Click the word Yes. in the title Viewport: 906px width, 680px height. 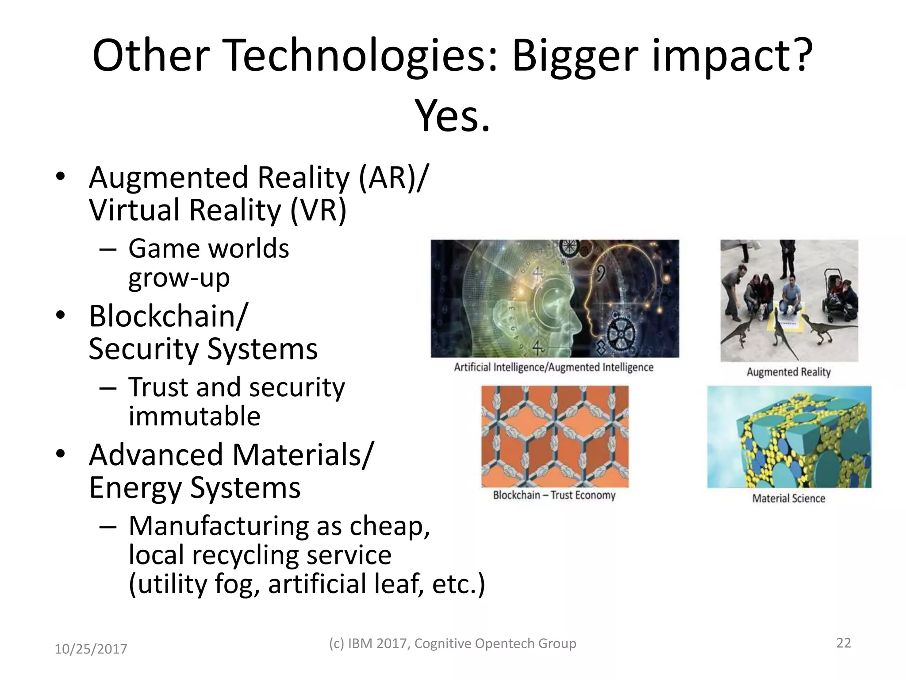tap(452, 116)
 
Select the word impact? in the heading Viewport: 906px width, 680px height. tap(732, 56)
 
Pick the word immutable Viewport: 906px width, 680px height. tap(195, 416)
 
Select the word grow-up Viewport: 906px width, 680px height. tap(179, 278)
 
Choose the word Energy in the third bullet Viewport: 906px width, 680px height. tap(135, 487)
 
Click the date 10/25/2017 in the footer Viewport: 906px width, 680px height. tap(91, 649)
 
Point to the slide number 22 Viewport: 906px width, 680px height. tap(844, 643)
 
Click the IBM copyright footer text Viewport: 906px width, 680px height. tap(453, 643)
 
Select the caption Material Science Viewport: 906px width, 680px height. tap(789, 498)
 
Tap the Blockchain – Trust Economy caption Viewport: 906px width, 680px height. tap(554, 495)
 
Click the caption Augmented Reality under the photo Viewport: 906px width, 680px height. tap(789, 372)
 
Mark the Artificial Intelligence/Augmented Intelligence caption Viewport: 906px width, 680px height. tap(554, 367)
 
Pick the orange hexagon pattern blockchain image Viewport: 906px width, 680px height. tap(555, 437)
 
